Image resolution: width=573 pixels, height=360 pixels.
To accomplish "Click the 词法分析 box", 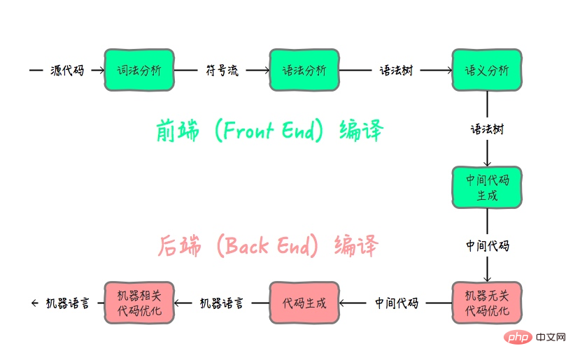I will coord(139,70).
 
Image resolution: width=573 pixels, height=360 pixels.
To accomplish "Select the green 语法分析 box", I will coord(304,70).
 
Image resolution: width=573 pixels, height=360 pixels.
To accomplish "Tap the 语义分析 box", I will coord(487,70).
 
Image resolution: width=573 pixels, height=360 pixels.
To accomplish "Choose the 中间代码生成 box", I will coord(487,187).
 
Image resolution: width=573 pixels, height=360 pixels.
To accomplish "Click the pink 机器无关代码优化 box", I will coord(487,303).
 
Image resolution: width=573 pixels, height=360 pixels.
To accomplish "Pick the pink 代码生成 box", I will coord(304,303).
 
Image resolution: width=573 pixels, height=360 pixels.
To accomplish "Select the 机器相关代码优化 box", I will coord(139,303).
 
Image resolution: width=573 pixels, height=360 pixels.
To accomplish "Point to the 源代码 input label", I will coord(67,71).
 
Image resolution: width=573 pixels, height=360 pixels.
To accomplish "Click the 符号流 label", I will coord(222,71).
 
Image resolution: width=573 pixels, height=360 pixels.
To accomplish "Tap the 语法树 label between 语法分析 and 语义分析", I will coord(396,71).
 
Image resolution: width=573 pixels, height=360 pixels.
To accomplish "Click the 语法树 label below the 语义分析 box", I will coord(487,129).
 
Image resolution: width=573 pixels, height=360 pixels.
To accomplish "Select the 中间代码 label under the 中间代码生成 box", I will coord(488,246).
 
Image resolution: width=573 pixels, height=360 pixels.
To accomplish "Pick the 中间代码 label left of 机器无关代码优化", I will coord(397,303).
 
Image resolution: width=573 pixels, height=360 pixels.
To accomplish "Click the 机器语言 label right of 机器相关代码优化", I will coord(222,303).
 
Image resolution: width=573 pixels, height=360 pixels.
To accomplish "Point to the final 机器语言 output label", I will coord(67,303).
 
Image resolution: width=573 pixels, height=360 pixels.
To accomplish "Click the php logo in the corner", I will coord(516,338).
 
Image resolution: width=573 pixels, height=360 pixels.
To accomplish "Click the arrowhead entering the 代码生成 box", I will coord(344,303).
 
